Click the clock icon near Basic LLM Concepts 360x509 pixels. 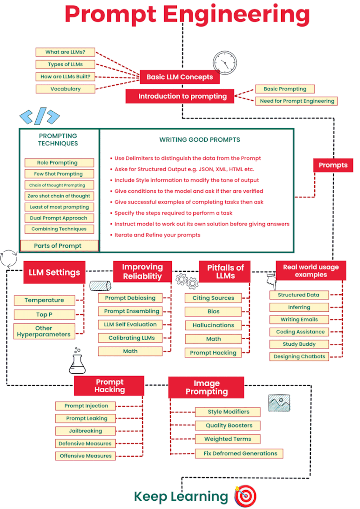[x=225, y=63]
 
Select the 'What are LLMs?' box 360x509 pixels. [x=65, y=52]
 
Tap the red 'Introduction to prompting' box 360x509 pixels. [x=180, y=96]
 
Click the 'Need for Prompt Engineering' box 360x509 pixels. [x=296, y=101]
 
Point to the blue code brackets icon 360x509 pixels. [x=40, y=116]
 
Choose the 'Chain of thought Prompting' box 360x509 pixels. [x=59, y=185]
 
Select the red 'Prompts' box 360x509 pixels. [x=333, y=165]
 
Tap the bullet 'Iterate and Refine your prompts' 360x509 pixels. [x=157, y=235]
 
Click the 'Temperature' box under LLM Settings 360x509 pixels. [x=44, y=300]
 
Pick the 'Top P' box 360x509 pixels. [x=44, y=315]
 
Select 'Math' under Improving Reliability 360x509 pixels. [x=130, y=351]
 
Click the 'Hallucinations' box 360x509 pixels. [x=213, y=325]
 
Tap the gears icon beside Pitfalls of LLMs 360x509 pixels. [x=187, y=281]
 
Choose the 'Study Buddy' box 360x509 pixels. [x=299, y=344]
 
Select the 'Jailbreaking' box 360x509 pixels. [x=86, y=431]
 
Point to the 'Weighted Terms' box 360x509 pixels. [x=227, y=439]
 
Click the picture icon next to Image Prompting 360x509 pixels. [x=279, y=403]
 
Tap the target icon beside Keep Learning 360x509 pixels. [x=245, y=496]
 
